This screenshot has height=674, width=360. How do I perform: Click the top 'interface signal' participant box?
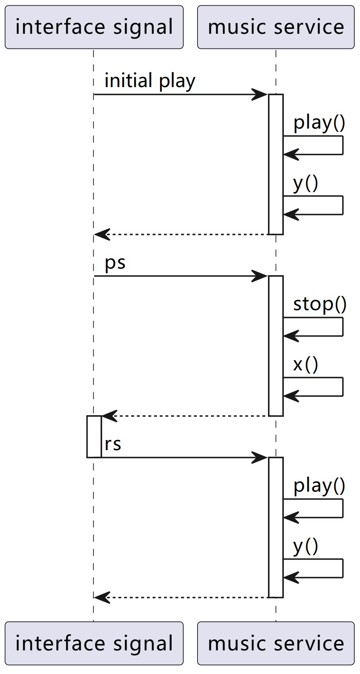[x=94, y=27]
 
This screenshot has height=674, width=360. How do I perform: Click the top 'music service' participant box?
[x=276, y=27]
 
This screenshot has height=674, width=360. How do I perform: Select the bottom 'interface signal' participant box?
[x=94, y=643]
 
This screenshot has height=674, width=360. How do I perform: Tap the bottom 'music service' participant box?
[x=276, y=643]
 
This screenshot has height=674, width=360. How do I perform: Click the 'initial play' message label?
[x=150, y=81]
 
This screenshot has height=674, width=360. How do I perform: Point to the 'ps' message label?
[x=115, y=263]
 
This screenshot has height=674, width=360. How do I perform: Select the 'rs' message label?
[x=113, y=444]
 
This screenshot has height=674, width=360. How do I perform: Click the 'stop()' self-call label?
[x=320, y=304]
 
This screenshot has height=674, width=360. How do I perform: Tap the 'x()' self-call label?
[x=305, y=364]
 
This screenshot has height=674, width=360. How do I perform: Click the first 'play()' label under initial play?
[x=319, y=123]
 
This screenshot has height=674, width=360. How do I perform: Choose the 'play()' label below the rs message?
[x=319, y=486]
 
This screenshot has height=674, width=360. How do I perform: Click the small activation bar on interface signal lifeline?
[x=94, y=436]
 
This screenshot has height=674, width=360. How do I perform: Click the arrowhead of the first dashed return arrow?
[x=101, y=234]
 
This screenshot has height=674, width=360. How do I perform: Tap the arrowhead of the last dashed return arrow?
[x=101, y=597]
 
